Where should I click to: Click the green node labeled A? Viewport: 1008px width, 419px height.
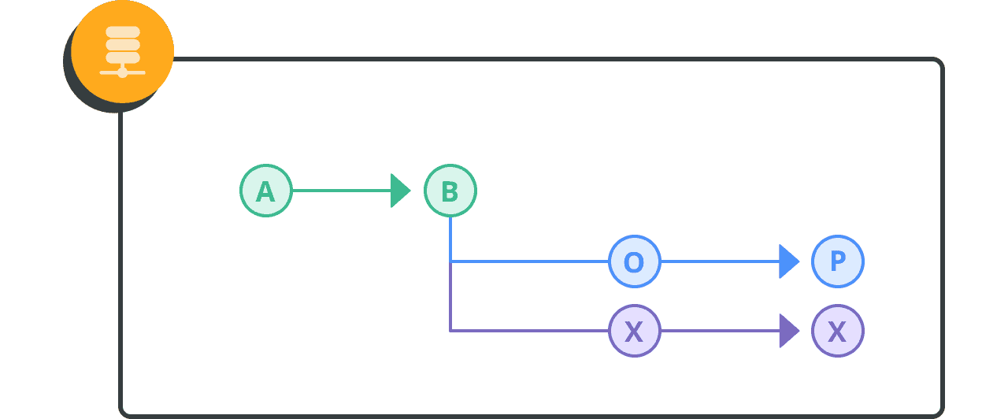coord(266,191)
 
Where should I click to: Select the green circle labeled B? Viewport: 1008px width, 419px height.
coord(450,191)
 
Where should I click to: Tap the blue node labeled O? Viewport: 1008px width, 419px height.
coord(635,261)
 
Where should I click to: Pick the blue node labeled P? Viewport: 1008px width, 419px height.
coord(838,261)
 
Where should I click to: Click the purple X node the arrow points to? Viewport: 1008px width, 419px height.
coord(838,332)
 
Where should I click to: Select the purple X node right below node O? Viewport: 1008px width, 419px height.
coord(635,332)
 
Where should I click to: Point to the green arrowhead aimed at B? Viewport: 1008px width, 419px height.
coord(401,191)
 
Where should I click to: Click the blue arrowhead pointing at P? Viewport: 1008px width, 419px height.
coord(789,261)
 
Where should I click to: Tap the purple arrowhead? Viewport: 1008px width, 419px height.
coord(789,332)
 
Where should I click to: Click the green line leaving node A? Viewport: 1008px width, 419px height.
coord(342,191)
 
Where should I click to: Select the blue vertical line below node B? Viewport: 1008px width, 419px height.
coord(450,239)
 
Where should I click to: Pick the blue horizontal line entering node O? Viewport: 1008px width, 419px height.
coord(530,261)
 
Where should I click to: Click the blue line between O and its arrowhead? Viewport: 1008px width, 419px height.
coord(721,261)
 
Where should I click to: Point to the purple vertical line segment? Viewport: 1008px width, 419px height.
coord(450,297)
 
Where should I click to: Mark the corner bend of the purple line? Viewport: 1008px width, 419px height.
coord(450,332)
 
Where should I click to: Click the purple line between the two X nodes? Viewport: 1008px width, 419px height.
coord(721,332)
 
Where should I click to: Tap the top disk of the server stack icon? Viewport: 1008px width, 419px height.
coord(123,32)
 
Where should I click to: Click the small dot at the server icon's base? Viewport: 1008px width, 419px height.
coord(122,72)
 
